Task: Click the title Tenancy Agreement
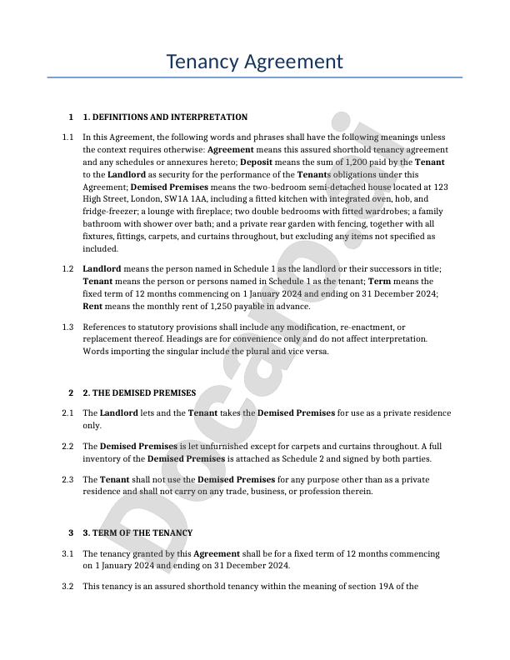coord(254,62)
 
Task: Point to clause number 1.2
coord(67,269)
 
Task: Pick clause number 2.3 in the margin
coord(67,479)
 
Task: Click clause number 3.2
coord(67,587)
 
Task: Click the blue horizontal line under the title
coord(254,77)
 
